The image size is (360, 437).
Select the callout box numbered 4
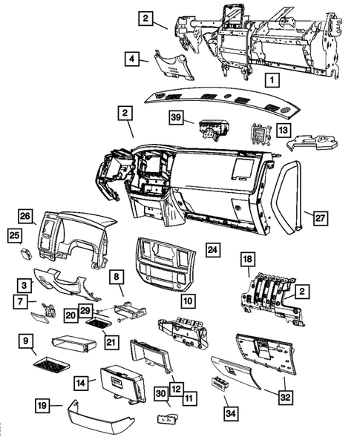[131, 57]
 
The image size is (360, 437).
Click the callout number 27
[319, 217]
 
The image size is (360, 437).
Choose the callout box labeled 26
[26, 217]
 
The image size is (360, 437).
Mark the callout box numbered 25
[13, 235]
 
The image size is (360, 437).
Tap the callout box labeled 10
[188, 301]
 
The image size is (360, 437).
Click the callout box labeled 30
[160, 394]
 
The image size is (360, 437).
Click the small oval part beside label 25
[28, 253]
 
